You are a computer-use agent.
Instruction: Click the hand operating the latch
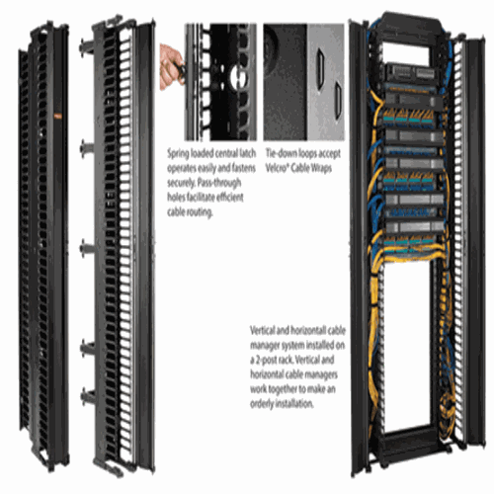[171, 67]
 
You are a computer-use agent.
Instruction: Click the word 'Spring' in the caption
[178, 154]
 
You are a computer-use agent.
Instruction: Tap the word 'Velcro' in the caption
[277, 168]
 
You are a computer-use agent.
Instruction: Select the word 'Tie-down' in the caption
[281, 153]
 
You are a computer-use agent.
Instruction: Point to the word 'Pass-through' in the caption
[218, 183]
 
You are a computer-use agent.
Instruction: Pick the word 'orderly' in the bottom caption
[261, 404]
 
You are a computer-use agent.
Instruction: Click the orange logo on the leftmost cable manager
[57, 116]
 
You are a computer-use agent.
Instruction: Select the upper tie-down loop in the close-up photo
[320, 69]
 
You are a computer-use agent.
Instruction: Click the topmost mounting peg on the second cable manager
[87, 47]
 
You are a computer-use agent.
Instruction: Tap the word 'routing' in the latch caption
[200, 212]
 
